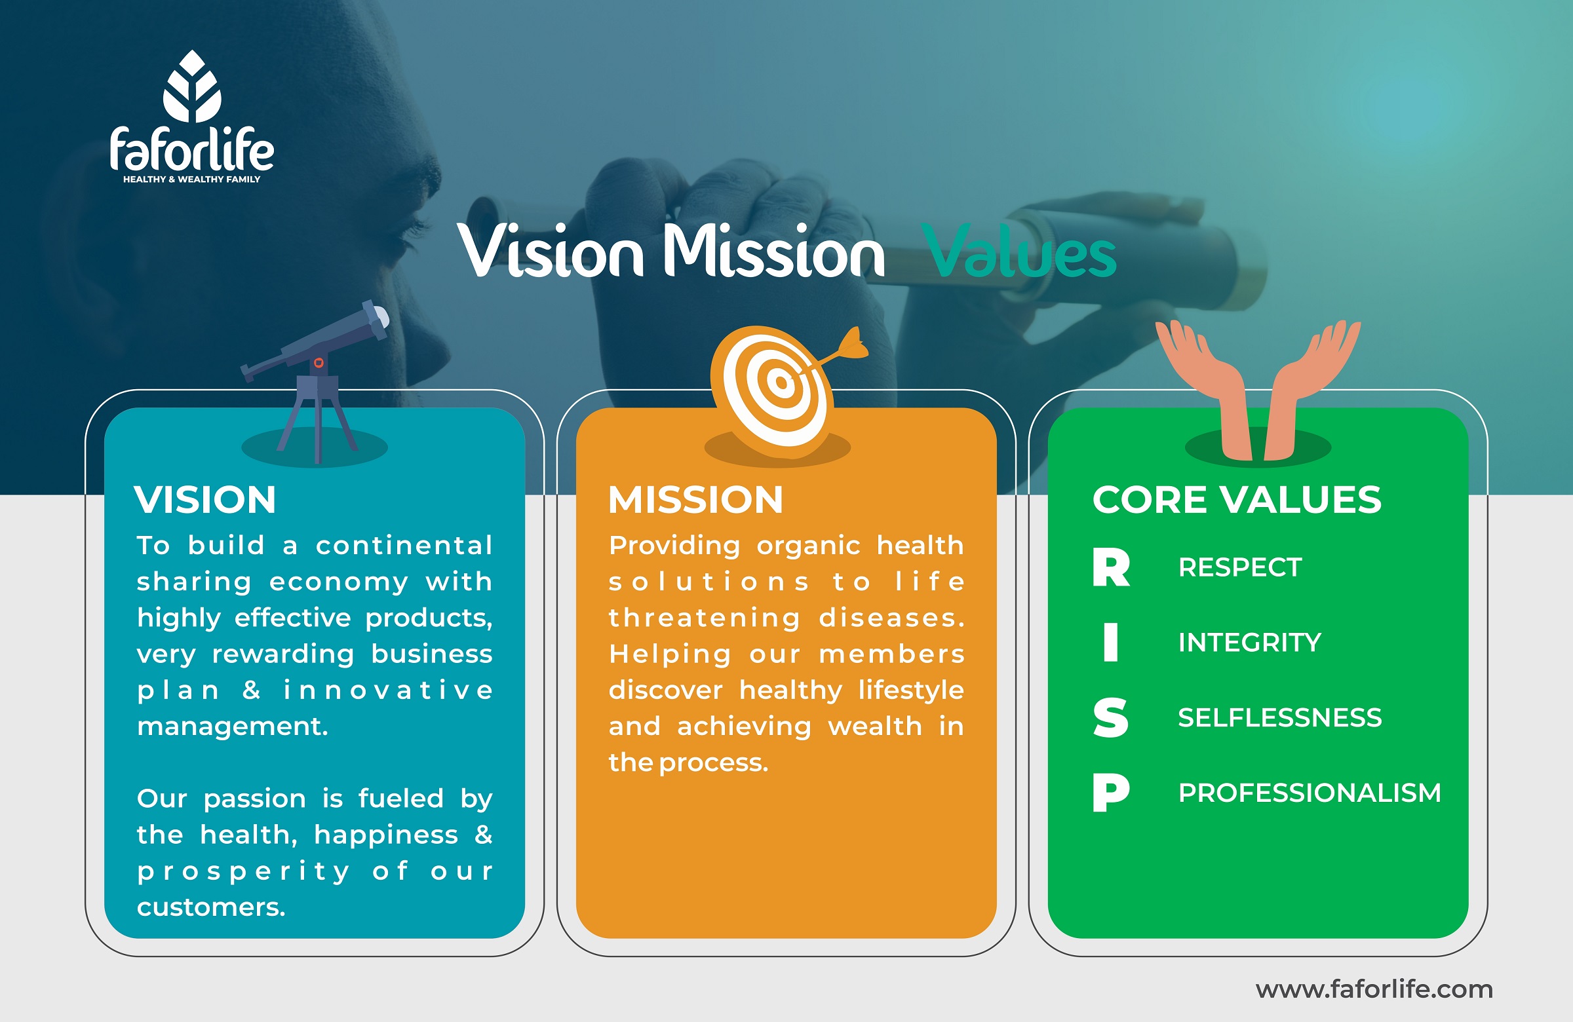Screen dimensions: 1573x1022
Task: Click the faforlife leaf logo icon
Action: [192, 86]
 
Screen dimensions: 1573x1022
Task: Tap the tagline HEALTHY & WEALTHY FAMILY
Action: [191, 179]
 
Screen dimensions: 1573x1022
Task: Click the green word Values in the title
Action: [1021, 252]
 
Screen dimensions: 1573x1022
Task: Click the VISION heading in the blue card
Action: [205, 499]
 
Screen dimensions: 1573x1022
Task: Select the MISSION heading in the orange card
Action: [695, 499]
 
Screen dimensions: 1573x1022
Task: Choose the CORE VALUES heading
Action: [1237, 499]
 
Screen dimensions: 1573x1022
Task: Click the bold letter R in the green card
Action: [1111, 567]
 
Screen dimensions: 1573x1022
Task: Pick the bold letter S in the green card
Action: [1110, 717]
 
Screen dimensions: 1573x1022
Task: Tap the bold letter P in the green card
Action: [1110, 792]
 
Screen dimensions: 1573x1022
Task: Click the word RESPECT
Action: [1240, 567]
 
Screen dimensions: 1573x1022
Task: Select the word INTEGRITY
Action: [1250, 642]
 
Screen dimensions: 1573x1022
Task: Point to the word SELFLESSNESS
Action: [1279, 717]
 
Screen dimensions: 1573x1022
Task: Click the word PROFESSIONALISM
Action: [1310, 793]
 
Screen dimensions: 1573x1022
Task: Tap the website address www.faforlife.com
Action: [1374, 989]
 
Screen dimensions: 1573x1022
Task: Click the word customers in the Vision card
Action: [211, 907]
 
